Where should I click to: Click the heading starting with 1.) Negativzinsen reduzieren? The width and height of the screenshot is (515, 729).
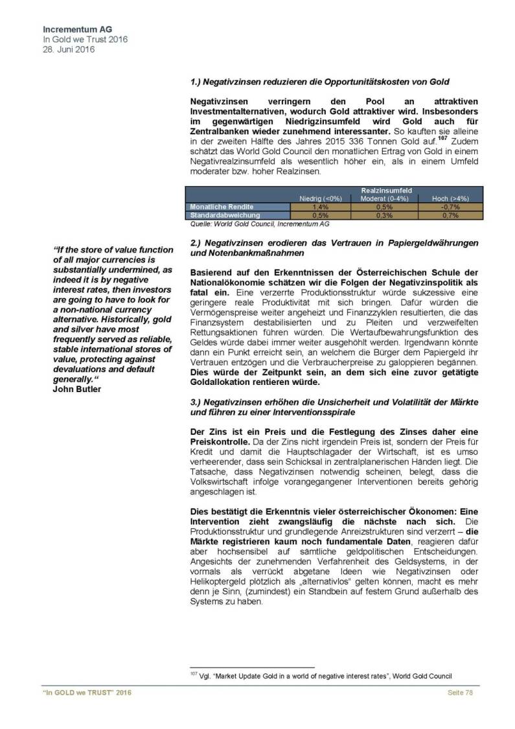tap(320, 82)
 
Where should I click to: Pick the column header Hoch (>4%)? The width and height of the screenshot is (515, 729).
tap(452, 199)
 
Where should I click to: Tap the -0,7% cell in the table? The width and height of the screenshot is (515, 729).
tap(451, 207)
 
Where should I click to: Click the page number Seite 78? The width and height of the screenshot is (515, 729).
tap(461, 695)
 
